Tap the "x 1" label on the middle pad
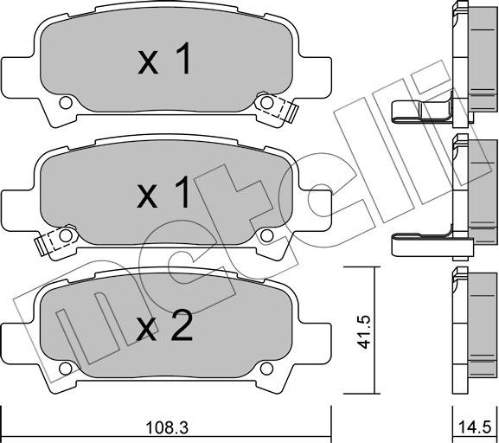click(x=166, y=196)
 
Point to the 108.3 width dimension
click(x=166, y=427)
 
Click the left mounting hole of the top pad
click(x=64, y=105)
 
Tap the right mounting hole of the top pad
click(x=267, y=105)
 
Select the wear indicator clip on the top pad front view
click(x=287, y=111)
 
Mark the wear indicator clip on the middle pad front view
click(x=44, y=244)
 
